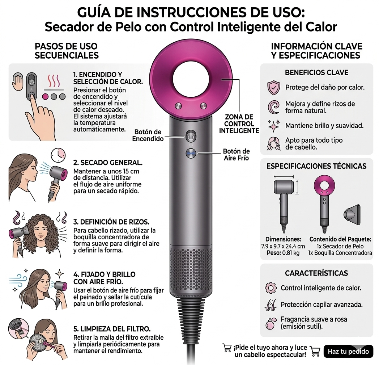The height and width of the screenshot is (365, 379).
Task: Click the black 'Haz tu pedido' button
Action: coord(348,352)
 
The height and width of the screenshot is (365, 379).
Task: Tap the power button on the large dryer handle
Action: coord(191,137)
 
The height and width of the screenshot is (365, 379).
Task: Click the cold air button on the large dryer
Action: coord(191,154)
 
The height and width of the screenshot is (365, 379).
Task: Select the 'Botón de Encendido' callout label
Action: coord(148,135)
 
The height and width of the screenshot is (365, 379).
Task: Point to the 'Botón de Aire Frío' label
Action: coord(236,154)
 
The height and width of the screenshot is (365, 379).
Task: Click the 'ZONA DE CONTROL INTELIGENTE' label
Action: coord(239,124)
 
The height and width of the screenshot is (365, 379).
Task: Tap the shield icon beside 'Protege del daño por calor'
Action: coord(274,88)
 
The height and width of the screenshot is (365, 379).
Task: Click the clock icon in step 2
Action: coord(58,155)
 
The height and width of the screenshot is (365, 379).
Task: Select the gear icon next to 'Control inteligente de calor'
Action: coord(271,288)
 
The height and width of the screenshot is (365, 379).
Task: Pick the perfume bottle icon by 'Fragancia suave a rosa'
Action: coord(270,323)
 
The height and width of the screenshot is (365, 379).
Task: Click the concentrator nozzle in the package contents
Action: coord(352,214)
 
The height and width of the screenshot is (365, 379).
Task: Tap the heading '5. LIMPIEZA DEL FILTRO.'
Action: coord(112,329)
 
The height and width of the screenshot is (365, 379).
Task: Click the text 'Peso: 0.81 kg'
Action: coord(283,253)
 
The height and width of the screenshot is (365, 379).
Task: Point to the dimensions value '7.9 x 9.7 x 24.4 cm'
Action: coord(283,246)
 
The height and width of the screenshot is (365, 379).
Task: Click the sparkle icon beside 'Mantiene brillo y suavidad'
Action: coord(274,126)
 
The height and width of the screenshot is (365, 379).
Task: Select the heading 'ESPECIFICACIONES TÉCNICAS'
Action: coord(316,166)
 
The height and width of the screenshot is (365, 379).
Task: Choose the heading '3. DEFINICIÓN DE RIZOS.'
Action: coord(111,222)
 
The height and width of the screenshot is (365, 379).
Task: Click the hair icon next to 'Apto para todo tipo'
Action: coord(274,143)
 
